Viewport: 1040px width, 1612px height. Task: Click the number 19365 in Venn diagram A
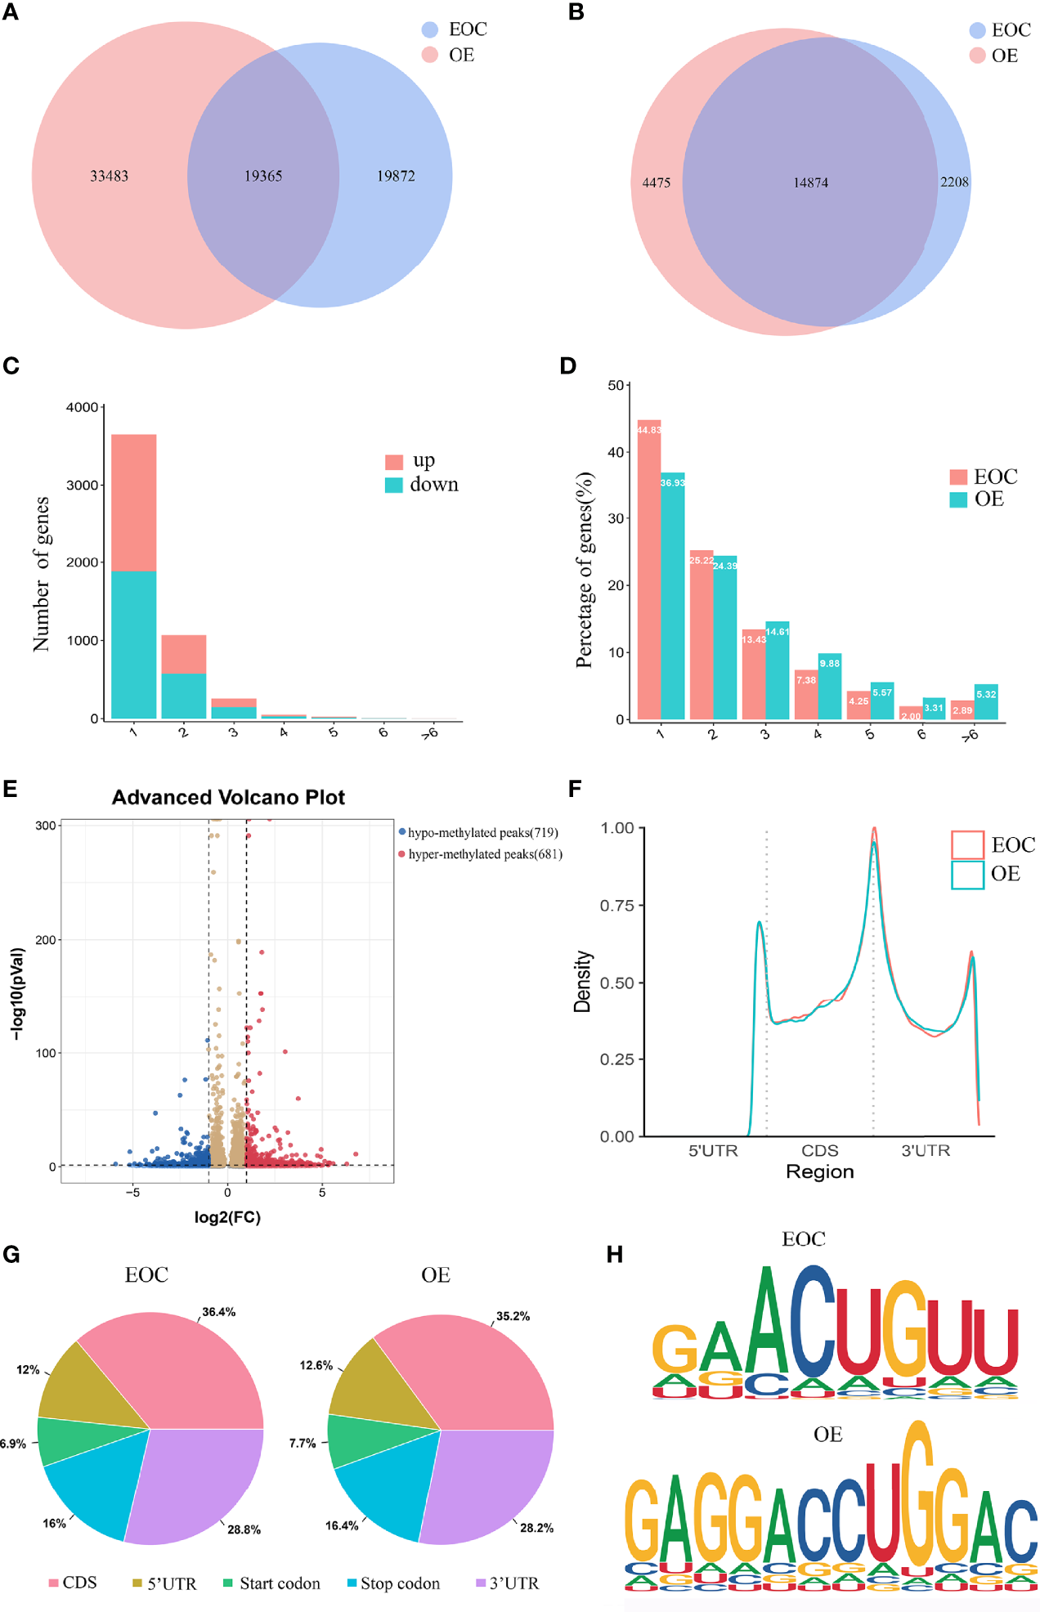click(263, 176)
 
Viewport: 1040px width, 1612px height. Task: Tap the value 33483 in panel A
click(109, 176)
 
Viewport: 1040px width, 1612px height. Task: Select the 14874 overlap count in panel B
click(810, 183)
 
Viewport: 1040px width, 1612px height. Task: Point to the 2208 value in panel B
click(954, 182)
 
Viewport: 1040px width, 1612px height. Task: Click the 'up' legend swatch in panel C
click(394, 462)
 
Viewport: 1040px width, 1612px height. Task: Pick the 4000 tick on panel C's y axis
click(82, 407)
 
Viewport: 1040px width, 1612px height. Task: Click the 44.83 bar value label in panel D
click(649, 430)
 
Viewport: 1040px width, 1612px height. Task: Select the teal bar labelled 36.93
click(673, 597)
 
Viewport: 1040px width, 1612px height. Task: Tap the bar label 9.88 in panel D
click(830, 664)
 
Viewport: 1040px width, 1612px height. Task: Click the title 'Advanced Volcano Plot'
click(228, 798)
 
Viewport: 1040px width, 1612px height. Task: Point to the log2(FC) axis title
click(227, 1217)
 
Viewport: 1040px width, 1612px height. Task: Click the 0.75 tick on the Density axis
click(617, 906)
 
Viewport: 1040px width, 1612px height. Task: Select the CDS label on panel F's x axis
click(819, 1151)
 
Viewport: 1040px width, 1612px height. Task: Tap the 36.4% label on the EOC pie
click(219, 1312)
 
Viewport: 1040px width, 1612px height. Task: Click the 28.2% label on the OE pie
click(536, 1528)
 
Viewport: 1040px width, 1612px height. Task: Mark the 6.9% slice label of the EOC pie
click(12, 1444)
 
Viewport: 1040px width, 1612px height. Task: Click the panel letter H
click(615, 1255)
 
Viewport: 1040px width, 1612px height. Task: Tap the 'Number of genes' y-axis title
click(42, 574)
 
